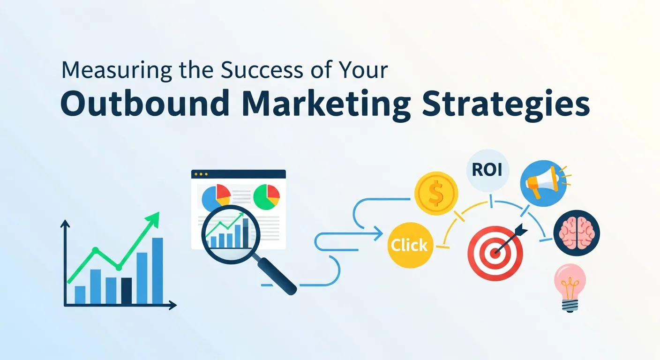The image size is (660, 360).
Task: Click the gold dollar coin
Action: [x=436, y=193]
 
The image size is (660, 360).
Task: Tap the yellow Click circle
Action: [x=409, y=244]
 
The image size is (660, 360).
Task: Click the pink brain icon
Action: [x=577, y=232]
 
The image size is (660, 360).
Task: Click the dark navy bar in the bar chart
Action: [x=126, y=291]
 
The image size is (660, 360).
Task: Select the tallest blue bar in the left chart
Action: [x=157, y=270]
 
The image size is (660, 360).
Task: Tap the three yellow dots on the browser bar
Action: [x=201, y=174]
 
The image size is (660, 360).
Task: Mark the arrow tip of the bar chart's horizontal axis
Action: [x=174, y=306]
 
